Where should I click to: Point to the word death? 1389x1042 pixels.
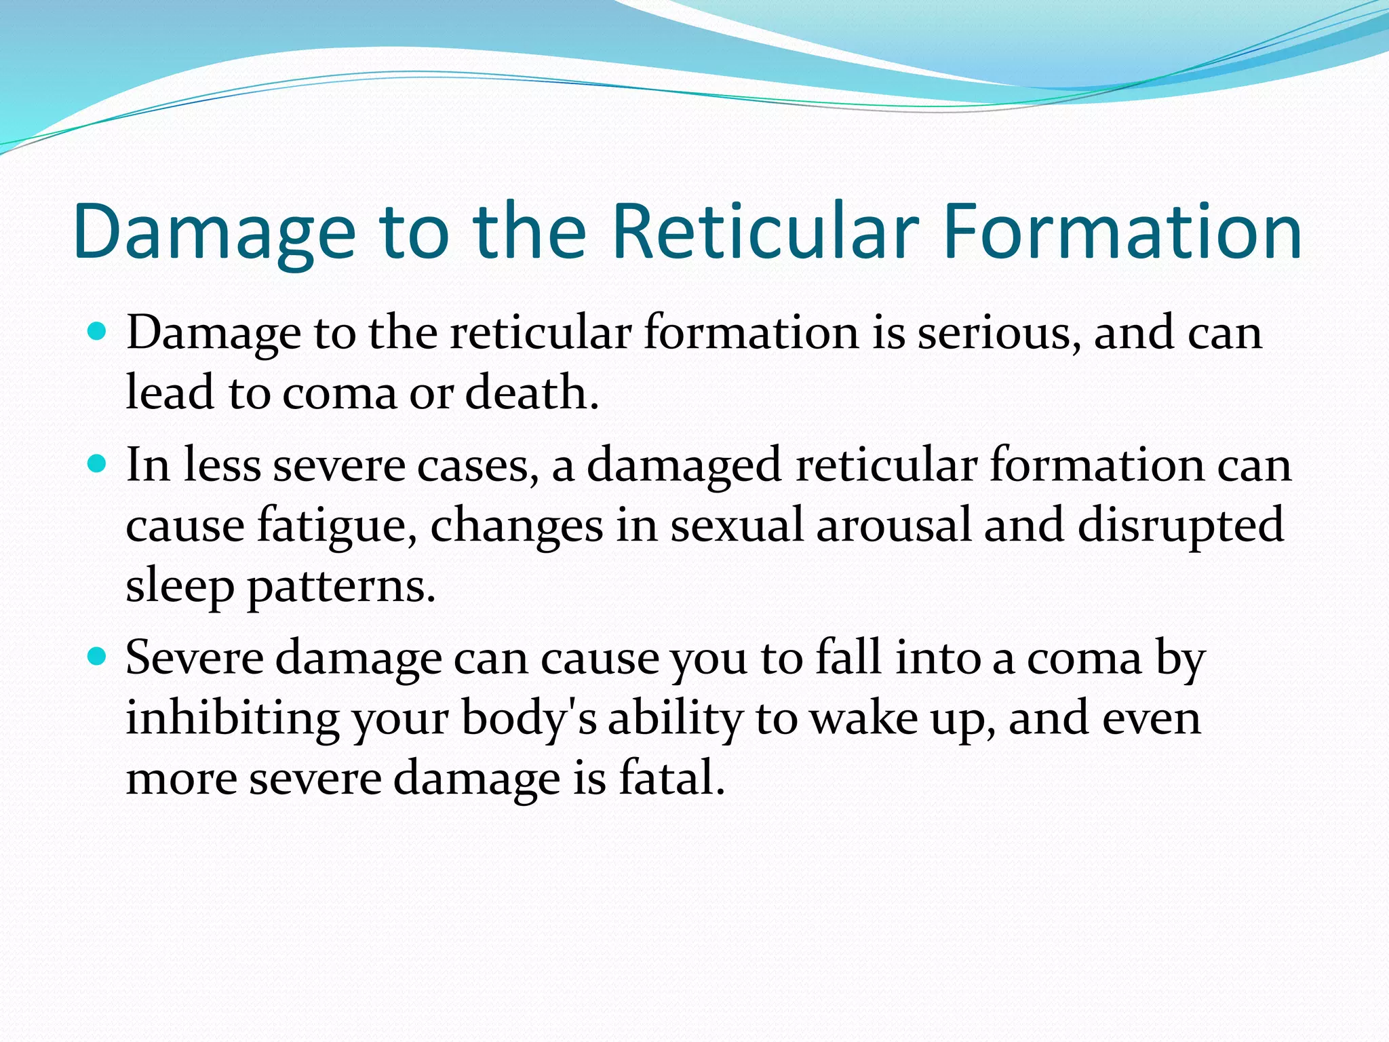[x=532, y=393]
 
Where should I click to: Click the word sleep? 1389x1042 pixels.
[x=180, y=586]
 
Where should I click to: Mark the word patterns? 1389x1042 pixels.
[x=341, y=586]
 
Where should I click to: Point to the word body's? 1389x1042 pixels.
[x=529, y=718]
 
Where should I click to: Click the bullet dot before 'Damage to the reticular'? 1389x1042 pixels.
[x=98, y=332]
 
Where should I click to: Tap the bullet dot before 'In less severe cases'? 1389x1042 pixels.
[x=98, y=465]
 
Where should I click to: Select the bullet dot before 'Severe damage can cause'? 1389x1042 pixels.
[x=98, y=657]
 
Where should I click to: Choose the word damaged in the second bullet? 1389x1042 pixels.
[x=685, y=466]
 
